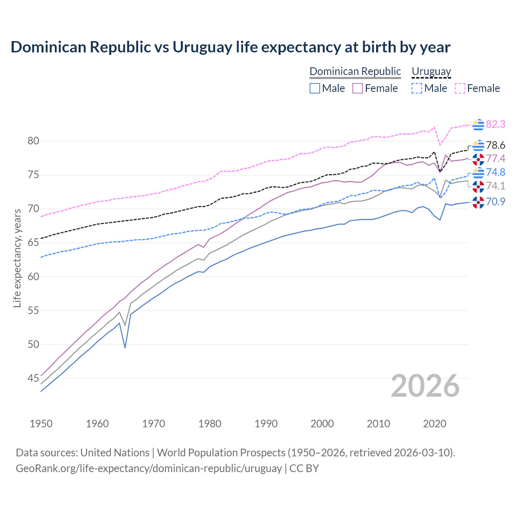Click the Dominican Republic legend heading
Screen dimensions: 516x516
(x=355, y=71)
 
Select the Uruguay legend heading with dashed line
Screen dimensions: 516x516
(x=431, y=71)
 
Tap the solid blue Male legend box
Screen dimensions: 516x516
(x=315, y=88)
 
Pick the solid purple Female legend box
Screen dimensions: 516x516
(x=358, y=88)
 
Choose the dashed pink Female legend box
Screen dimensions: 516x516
(x=460, y=88)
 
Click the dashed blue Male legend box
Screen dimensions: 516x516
(x=417, y=88)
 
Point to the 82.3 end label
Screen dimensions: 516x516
(x=495, y=124)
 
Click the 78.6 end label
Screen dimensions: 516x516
(x=495, y=145)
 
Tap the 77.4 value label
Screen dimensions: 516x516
(x=495, y=158)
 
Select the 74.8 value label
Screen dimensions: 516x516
(x=495, y=172)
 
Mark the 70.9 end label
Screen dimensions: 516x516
(x=495, y=202)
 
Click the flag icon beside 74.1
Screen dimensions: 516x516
(x=478, y=186)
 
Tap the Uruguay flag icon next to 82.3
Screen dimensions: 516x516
(x=478, y=125)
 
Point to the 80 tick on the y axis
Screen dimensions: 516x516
(x=33, y=141)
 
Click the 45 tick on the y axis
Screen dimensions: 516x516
(x=33, y=378)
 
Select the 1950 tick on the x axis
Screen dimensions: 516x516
(x=41, y=424)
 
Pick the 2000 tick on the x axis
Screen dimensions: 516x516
(x=322, y=424)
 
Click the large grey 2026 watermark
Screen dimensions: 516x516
(x=425, y=386)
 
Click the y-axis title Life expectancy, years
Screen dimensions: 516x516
(x=17, y=258)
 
